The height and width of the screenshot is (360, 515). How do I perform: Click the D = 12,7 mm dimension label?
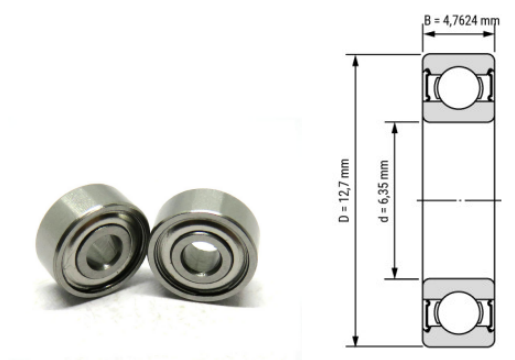pos(345,190)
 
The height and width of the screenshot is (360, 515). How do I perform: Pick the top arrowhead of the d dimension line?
pos(397,126)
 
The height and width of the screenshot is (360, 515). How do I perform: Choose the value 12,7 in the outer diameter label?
pos(345,181)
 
